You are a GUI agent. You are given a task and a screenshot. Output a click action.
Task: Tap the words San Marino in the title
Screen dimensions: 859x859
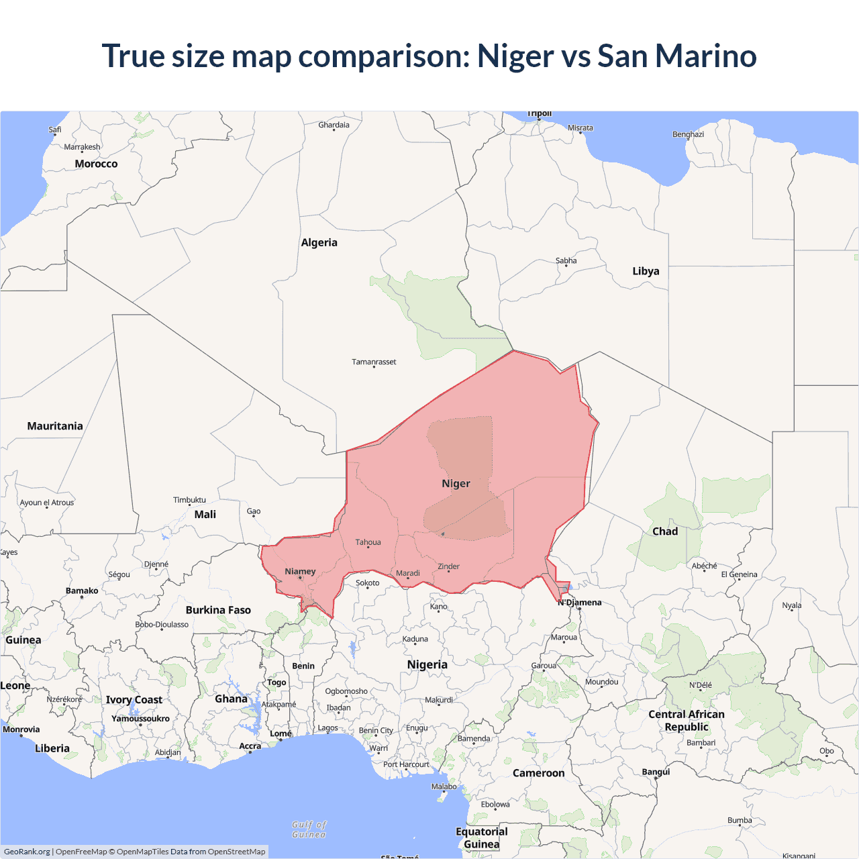[676, 56]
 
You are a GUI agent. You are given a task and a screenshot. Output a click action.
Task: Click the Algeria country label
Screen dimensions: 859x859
[319, 243]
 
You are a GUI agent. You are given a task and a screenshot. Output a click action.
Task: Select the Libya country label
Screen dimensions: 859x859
[646, 271]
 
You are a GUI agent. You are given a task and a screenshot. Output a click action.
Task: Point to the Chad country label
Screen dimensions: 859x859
[665, 532]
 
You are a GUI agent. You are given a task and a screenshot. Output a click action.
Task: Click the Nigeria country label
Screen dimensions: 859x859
[427, 664]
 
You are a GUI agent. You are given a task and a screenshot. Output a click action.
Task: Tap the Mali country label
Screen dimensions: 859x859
[205, 515]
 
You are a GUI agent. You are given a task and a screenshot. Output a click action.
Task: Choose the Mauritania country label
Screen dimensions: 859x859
[55, 426]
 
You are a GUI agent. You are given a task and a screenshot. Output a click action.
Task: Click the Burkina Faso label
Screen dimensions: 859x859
[218, 610]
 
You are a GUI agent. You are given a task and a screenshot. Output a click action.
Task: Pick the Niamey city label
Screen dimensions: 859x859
[300, 572]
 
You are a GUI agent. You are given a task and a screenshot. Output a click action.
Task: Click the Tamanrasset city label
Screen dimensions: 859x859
[374, 362]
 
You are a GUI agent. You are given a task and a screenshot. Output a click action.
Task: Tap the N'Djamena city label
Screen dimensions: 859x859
[580, 603]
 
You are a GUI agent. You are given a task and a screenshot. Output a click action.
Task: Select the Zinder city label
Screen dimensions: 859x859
[448, 566]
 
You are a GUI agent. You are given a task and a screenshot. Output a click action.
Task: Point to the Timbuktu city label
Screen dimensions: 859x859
[189, 500]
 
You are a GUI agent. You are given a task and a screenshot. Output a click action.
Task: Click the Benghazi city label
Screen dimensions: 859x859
[688, 134]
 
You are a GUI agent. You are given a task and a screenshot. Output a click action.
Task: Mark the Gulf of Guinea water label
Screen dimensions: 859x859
[309, 829]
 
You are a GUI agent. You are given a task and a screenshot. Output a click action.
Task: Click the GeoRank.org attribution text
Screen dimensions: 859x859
[27, 852]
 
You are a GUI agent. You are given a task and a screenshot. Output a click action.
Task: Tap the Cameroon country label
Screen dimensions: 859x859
[538, 773]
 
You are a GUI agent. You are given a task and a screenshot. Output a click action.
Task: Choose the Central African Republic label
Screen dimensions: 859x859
[686, 721]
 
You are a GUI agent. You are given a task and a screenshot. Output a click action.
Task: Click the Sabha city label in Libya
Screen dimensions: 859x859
[566, 260]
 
